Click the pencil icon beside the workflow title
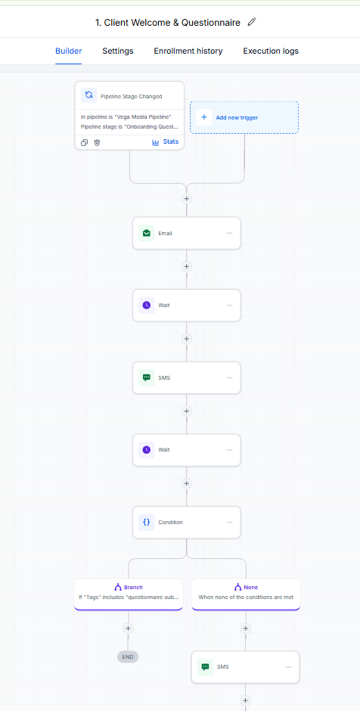pos(252,22)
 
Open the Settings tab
pos(118,51)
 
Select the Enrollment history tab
pos(188,51)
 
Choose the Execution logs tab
pos(271,51)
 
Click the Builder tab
pos(69,51)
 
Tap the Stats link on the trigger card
pos(166,142)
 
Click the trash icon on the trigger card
pos(97,142)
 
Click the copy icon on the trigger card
pos(85,142)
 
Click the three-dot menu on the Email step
pos(229,233)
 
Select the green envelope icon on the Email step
pos(147,233)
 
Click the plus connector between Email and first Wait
pos(186,266)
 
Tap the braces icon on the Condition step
pos(147,522)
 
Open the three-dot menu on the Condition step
pos(229,522)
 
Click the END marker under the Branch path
pos(128,657)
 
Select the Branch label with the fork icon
pos(129,587)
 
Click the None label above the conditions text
pos(246,587)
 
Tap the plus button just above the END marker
pos(128,629)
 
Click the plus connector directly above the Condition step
pos(186,483)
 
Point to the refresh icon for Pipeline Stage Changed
pos(89,95)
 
